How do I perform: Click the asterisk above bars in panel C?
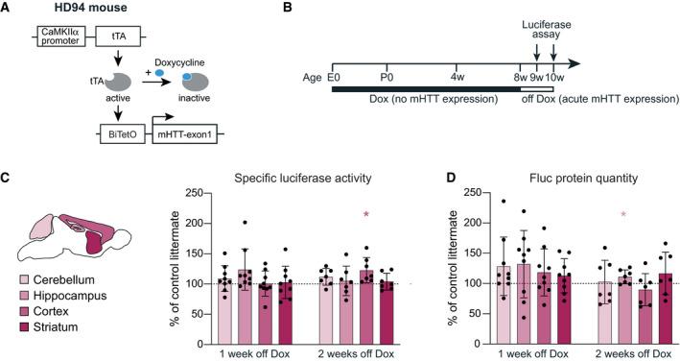[365, 229]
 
